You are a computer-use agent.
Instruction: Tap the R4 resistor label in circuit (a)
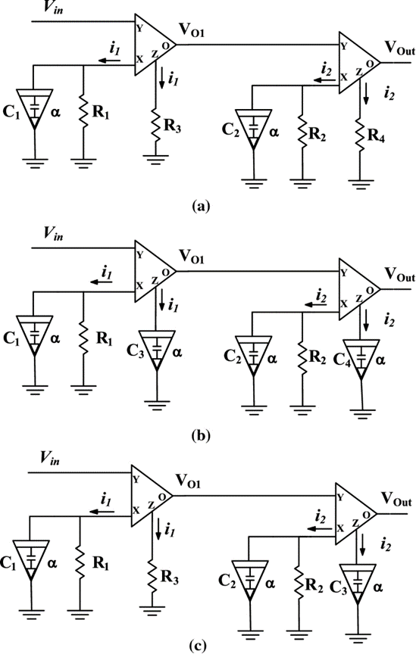click(x=375, y=136)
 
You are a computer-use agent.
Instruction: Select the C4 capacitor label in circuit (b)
click(x=342, y=360)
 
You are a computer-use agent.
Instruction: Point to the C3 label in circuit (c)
click(x=338, y=587)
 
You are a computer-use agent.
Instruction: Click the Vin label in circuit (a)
click(x=54, y=8)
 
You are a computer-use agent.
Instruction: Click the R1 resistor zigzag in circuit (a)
click(x=83, y=112)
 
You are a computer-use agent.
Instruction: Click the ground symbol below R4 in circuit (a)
click(x=361, y=185)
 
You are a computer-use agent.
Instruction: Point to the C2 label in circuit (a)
click(x=230, y=130)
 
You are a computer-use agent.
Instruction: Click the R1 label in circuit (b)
click(x=104, y=338)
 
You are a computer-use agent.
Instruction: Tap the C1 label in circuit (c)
click(x=8, y=563)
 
